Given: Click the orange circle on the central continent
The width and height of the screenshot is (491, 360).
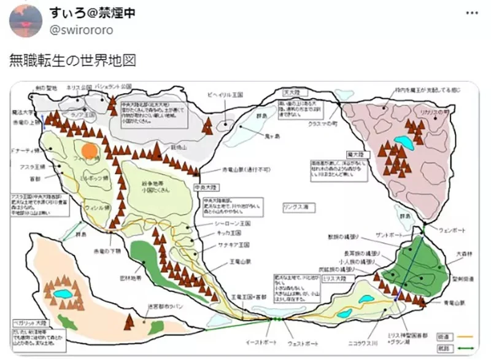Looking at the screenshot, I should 90,150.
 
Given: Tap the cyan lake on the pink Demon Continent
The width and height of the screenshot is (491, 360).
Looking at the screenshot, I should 404,143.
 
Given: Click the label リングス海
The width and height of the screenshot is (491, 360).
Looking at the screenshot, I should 294,206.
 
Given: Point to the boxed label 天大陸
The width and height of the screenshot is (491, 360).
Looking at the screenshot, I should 290,92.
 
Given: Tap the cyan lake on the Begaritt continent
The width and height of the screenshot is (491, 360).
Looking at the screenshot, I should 63,294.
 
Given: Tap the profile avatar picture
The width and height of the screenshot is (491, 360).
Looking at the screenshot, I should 26,22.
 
